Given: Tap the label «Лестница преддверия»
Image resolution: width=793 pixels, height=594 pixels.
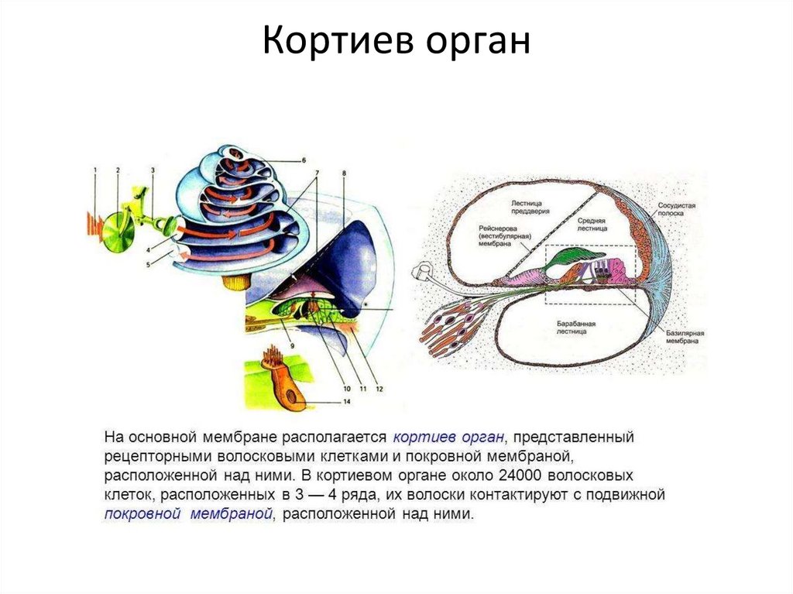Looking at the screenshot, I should coord(530,207).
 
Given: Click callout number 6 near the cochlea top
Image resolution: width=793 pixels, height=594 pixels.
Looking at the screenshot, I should coord(304,160).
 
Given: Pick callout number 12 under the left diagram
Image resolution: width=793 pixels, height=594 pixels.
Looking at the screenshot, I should coord(379,388).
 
